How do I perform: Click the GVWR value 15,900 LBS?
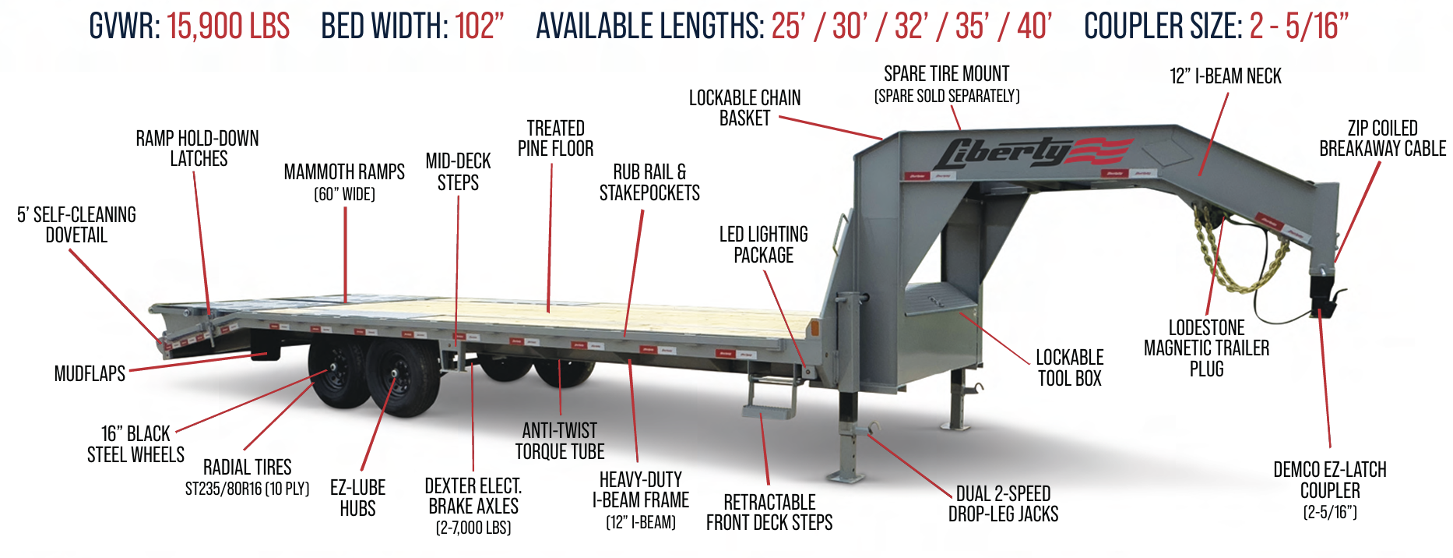[228, 26]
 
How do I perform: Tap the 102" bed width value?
[480, 26]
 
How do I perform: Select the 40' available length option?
[1034, 26]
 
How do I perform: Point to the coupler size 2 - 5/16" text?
[1299, 26]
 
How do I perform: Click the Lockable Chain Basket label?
[744, 108]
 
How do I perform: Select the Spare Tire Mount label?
[946, 75]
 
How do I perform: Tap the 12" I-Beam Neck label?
[1225, 76]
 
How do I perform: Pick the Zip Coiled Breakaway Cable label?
[1382, 139]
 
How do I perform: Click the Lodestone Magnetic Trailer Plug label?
[1206, 348]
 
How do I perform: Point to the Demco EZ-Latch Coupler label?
[1330, 481]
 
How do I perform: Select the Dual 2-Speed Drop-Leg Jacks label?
[1003, 504]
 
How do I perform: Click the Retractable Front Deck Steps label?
[769, 513]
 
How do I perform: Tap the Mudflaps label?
[90, 374]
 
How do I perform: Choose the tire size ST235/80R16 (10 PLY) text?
[247, 489]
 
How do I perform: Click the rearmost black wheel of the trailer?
[339, 373]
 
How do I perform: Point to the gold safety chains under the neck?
[1238, 257]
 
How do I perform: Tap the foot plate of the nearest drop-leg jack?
[846, 474]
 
